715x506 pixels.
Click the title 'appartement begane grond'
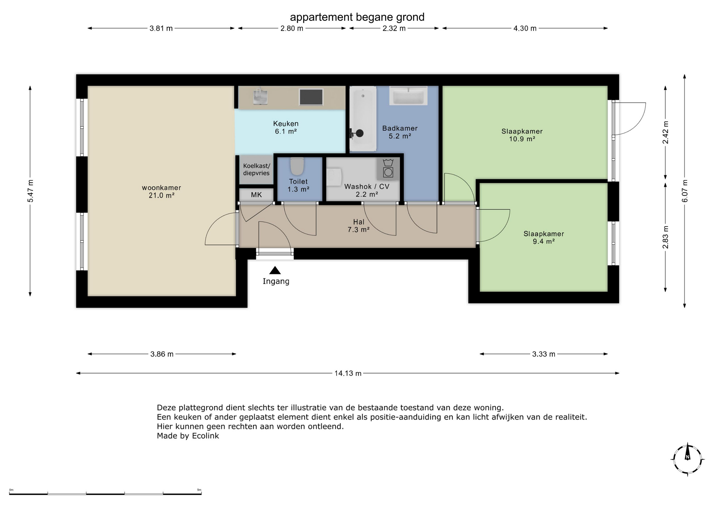click(357, 17)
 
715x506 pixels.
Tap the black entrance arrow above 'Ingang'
click(275, 270)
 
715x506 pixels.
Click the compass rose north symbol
click(687, 459)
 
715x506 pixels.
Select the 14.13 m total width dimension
click(348, 373)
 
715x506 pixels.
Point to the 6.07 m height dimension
click(684, 191)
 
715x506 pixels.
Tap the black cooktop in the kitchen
click(311, 97)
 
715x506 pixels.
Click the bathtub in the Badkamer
click(363, 118)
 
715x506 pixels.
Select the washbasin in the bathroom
click(408, 96)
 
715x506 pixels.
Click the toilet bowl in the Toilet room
click(297, 166)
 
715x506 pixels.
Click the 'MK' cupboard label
click(256, 195)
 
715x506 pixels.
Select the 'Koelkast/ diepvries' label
click(257, 169)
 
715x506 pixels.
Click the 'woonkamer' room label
click(162, 188)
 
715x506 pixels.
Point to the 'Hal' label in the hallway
click(359, 222)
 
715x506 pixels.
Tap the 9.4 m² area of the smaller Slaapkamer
click(544, 241)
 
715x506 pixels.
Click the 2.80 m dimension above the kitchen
click(292, 28)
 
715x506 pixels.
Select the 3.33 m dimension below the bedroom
click(544, 354)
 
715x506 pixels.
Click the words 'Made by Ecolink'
click(188, 436)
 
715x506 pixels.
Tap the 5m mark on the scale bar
click(199, 490)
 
